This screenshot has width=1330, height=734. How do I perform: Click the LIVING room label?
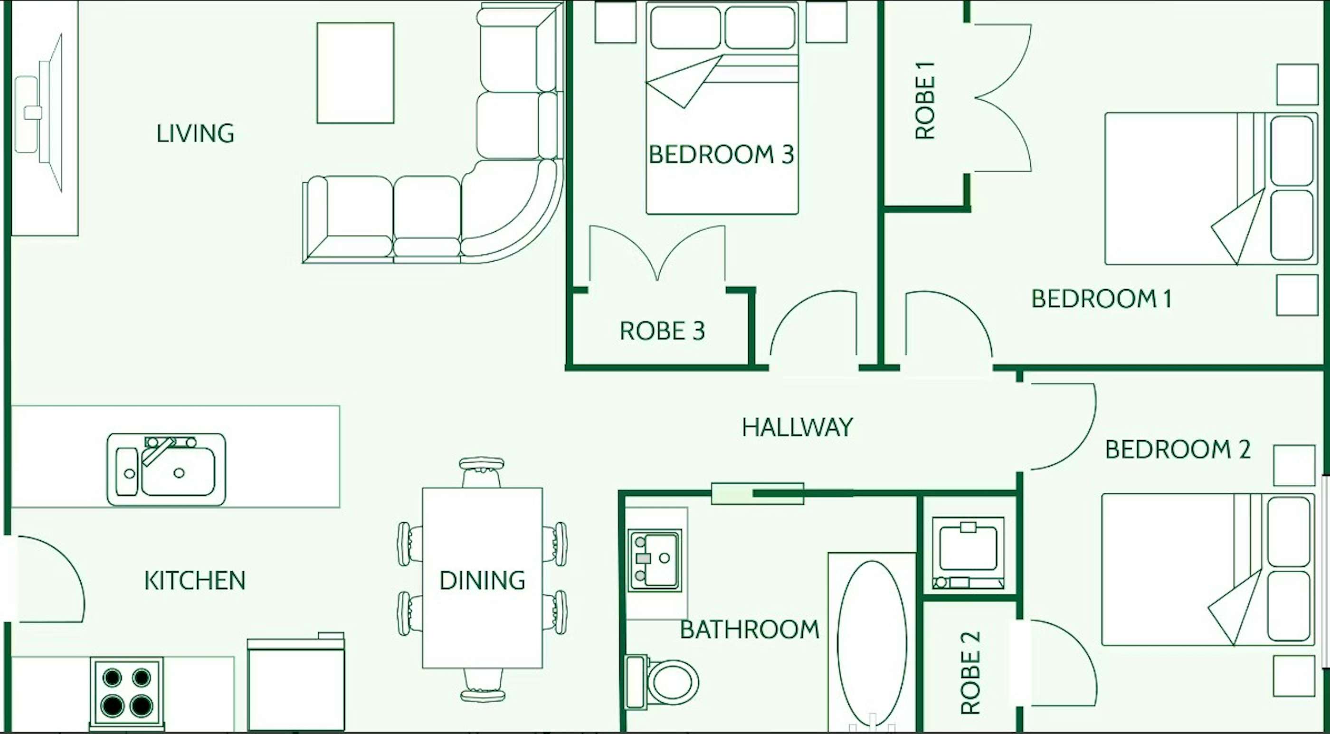[x=195, y=133]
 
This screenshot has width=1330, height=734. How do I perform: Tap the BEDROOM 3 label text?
[x=721, y=154]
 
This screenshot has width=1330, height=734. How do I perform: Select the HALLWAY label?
[x=797, y=427]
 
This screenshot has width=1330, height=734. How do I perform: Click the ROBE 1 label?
[x=925, y=100]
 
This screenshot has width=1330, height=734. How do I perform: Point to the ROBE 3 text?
[x=663, y=331]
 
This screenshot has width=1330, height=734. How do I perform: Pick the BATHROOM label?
[x=750, y=629]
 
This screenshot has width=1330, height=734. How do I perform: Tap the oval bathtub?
[x=872, y=643]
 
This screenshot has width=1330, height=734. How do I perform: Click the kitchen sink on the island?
[x=166, y=469]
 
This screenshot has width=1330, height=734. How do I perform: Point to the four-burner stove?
[x=127, y=692]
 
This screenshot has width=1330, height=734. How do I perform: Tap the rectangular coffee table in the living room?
[x=356, y=73]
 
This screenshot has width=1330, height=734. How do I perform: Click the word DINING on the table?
[x=482, y=580]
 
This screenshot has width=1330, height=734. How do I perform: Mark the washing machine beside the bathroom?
[x=969, y=553]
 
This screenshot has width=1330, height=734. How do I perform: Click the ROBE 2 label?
[x=970, y=673]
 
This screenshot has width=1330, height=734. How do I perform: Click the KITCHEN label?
[x=195, y=581]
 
